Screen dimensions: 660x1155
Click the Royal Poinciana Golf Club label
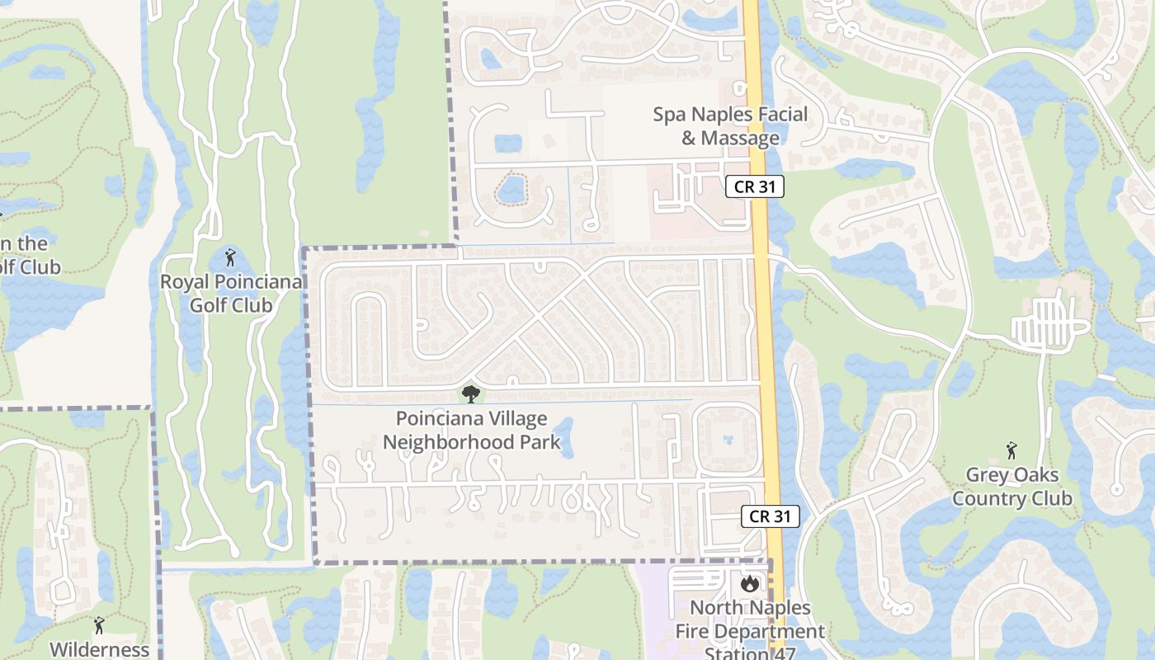point(231,294)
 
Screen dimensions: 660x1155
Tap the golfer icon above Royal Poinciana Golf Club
point(230,257)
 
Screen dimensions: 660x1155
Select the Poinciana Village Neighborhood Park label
point(471,431)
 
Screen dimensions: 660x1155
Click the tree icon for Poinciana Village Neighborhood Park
point(471,394)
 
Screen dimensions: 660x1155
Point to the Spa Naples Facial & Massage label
point(730,126)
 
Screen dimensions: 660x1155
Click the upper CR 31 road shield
point(755,186)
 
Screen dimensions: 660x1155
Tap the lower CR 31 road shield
point(771,516)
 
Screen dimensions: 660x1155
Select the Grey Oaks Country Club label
point(1011,487)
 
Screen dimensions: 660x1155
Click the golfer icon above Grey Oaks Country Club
point(1011,450)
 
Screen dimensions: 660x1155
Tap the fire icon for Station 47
point(749,584)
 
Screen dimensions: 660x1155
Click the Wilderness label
point(99,649)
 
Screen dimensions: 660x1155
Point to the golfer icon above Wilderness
point(99,625)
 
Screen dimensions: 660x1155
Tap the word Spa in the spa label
point(669,115)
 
